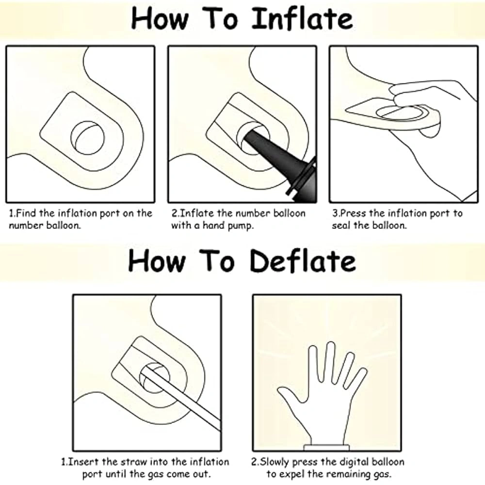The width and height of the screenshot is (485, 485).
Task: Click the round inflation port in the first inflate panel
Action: click(x=88, y=138)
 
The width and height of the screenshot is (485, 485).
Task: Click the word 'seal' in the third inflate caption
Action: click(x=341, y=226)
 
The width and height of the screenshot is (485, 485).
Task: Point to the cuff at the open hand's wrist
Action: click(x=326, y=447)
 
